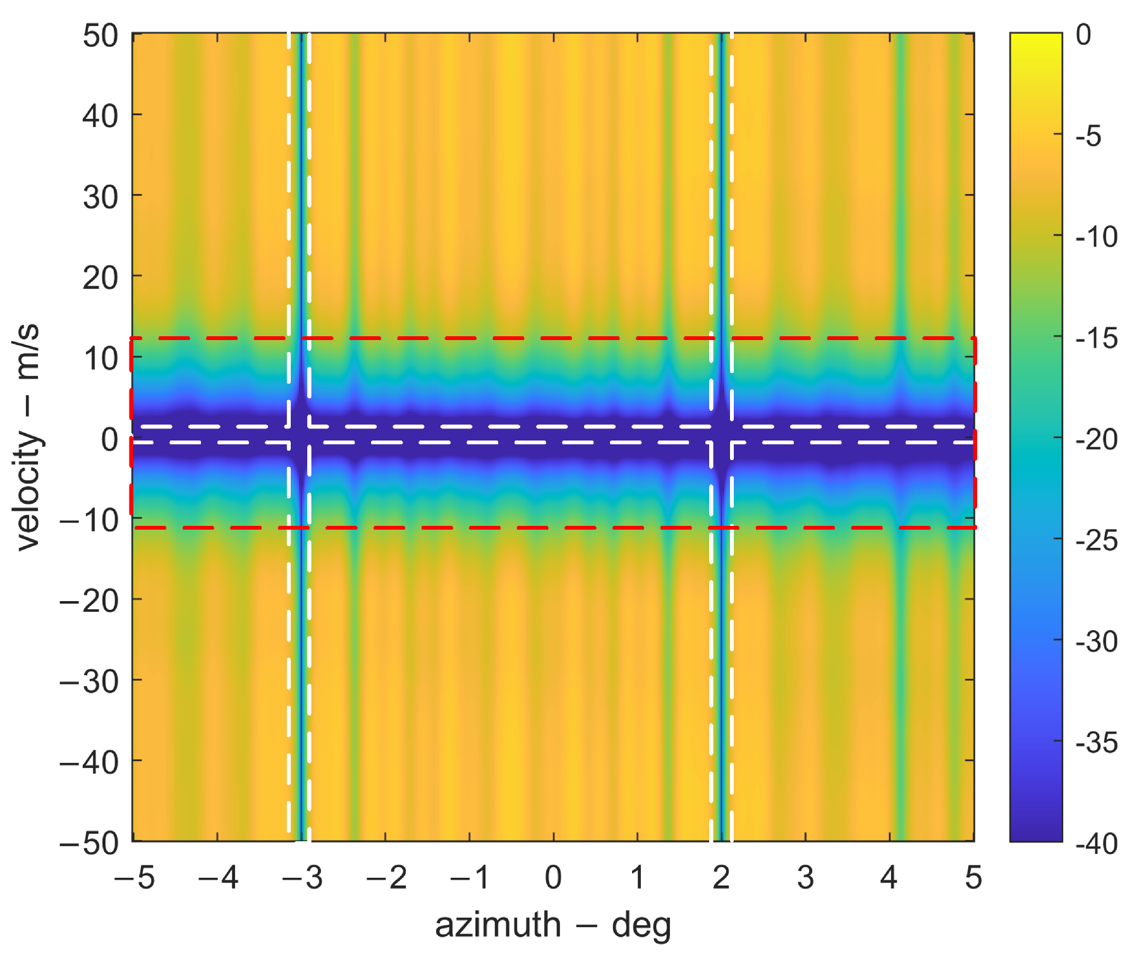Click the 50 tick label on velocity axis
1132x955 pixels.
point(100,36)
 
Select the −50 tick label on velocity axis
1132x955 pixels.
point(89,844)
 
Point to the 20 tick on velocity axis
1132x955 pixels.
point(100,278)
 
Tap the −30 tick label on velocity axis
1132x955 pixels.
point(89,683)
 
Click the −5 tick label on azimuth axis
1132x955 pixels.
point(134,878)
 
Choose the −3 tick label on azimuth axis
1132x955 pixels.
point(302,878)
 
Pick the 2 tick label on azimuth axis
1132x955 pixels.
point(721,878)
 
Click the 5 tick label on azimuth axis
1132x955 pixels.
point(973,878)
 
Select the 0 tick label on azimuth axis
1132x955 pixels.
point(554,878)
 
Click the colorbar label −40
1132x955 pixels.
point(1096,844)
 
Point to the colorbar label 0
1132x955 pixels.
point(1083,35)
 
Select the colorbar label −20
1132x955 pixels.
point(1096,439)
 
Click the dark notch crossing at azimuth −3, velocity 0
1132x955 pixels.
point(301,435)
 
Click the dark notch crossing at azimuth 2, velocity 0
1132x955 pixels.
point(721,435)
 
